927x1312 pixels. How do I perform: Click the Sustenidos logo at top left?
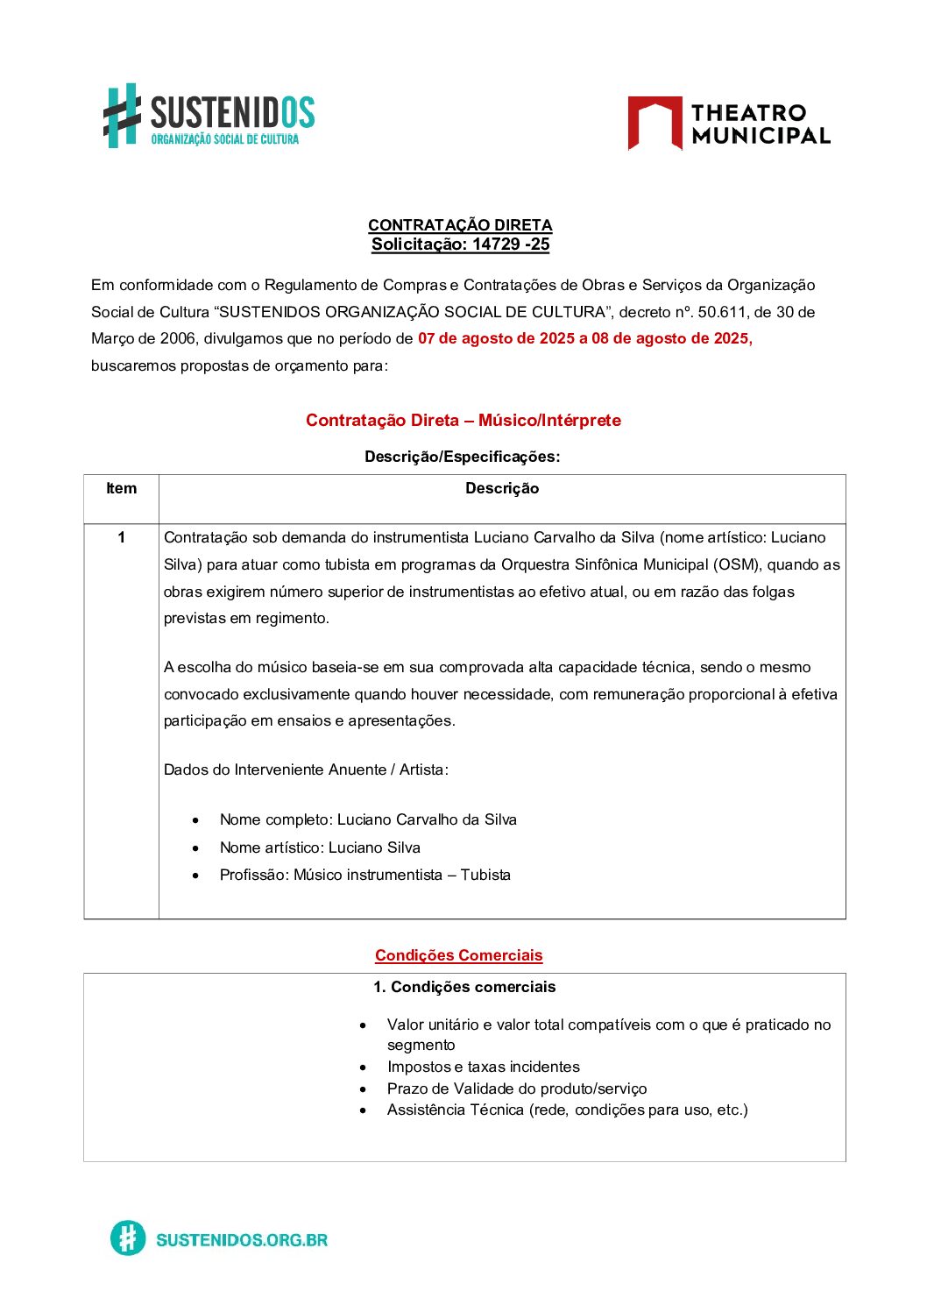(x=209, y=116)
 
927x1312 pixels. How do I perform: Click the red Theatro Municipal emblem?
(x=655, y=123)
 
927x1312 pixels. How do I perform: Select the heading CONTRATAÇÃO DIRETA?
(x=460, y=225)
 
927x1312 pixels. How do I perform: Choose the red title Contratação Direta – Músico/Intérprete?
(x=463, y=421)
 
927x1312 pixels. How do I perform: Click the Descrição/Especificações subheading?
(x=462, y=457)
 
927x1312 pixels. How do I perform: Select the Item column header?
(x=121, y=489)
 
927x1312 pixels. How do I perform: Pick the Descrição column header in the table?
(x=502, y=489)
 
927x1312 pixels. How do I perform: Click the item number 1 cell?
(x=121, y=538)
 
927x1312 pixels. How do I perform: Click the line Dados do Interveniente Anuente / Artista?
(x=306, y=769)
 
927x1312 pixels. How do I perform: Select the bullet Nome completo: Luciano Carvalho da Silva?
(x=368, y=820)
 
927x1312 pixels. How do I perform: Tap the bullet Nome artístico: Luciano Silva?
(x=320, y=847)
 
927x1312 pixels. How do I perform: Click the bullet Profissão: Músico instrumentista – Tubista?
(x=364, y=875)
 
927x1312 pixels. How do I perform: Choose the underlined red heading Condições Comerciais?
(x=458, y=955)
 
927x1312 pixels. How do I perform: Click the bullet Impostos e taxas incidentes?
(x=483, y=1067)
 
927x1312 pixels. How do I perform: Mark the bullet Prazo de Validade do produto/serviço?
(x=517, y=1089)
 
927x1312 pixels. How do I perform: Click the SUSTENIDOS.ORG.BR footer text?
(x=241, y=1239)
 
